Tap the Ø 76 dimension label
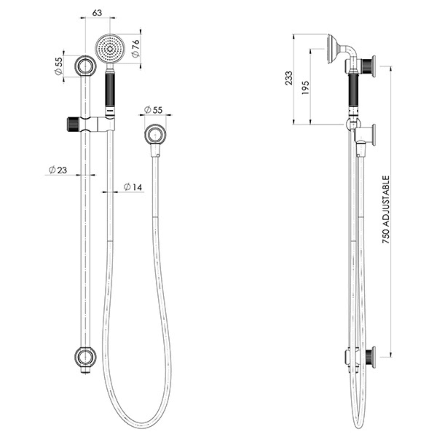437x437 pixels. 136,48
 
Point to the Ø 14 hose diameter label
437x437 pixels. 133,187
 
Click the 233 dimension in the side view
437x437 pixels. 289,78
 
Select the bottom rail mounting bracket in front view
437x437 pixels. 86,357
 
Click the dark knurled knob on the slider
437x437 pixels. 73,124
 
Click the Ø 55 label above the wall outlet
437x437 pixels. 153,110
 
